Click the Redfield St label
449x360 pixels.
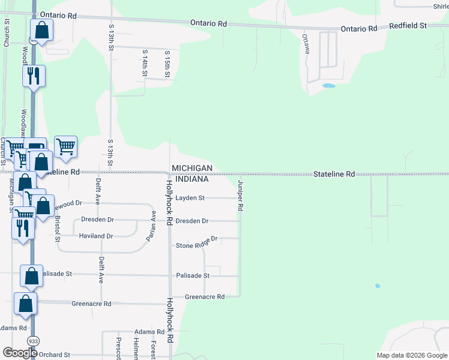click(408, 26)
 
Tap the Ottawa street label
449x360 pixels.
click(306, 44)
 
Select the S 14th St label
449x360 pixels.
click(145, 63)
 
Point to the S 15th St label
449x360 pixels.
click(168, 63)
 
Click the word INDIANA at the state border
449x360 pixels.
click(190, 179)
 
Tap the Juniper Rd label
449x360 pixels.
click(240, 196)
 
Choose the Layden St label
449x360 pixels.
click(190, 198)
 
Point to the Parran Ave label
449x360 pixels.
click(151, 226)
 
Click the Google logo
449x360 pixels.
click(20, 353)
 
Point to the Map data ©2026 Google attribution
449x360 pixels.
click(411, 355)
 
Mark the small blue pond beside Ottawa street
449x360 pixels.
click(328, 86)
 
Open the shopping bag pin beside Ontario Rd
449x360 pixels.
click(41, 29)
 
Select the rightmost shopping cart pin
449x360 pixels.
click(65, 146)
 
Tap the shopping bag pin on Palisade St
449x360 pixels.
click(32, 275)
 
